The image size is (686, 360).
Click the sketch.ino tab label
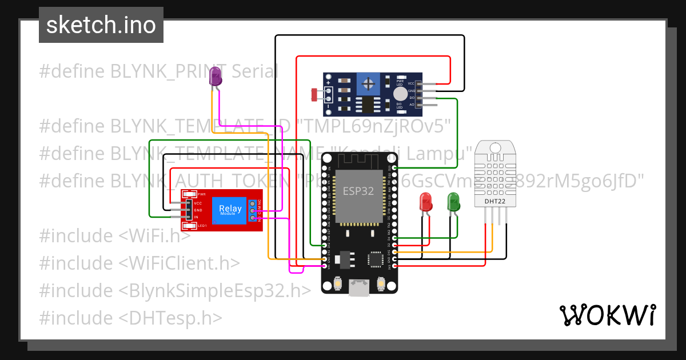click(x=101, y=25)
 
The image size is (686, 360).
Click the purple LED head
click(x=215, y=77)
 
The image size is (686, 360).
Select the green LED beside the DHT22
click(x=453, y=202)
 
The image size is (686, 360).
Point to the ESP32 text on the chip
click(x=358, y=191)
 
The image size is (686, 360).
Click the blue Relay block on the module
click(x=230, y=210)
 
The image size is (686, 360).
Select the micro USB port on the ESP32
click(x=359, y=289)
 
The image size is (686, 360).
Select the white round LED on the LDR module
click(x=401, y=93)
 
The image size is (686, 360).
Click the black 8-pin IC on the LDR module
click(x=366, y=104)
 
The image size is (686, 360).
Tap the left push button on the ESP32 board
click(x=338, y=283)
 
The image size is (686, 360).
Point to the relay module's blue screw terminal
click(x=253, y=211)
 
